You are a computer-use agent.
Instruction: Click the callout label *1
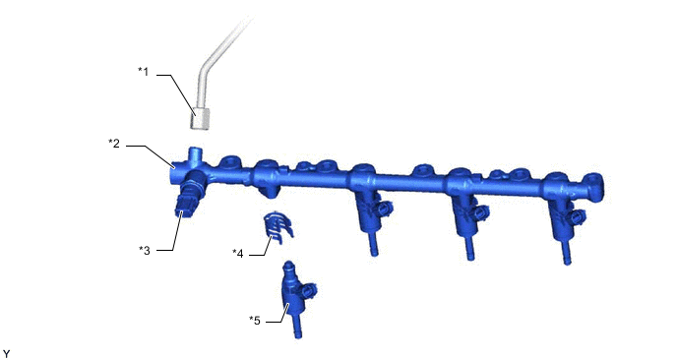click(144, 71)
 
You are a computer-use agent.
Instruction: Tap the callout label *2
click(114, 143)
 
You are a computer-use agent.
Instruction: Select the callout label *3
click(145, 251)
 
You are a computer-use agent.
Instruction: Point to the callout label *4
click(238, 254)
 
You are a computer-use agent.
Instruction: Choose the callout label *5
click(255, 321)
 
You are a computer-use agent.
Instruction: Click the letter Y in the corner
click(6, 354)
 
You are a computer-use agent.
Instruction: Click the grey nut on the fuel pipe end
click(201, 119)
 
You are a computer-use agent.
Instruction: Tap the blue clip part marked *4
click(278, 226)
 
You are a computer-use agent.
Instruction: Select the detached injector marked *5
click(296, 299)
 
